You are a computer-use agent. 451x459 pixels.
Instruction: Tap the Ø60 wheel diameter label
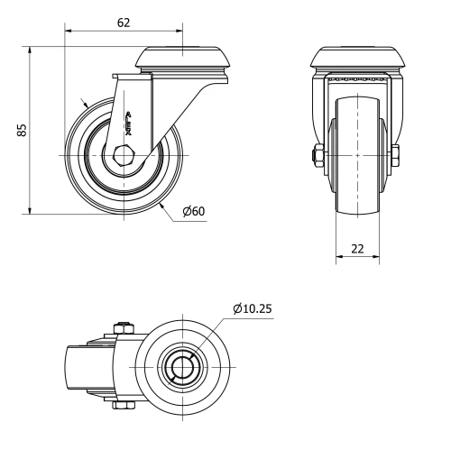tap(194, 211)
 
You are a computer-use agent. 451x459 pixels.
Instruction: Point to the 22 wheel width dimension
tap(357, 248)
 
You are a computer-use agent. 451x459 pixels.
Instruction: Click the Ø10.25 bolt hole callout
tap(252, 308)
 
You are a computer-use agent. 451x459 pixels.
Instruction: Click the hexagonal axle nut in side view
tap(125, 155)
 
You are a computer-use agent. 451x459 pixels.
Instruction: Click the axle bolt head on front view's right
tap(396, 155)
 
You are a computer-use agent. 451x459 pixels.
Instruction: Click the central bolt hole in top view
tap(184, 367)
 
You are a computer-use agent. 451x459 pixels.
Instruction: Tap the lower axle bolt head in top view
tap(124, 405)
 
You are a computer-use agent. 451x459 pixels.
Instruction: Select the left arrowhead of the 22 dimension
tap(339, 260)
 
